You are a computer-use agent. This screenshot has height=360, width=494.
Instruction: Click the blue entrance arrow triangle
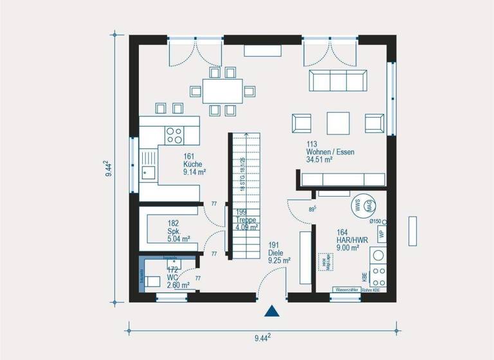[273, 311]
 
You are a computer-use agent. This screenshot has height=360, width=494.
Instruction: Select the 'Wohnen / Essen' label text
[331, 152]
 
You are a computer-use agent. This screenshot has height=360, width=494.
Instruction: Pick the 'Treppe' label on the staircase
[246, 219]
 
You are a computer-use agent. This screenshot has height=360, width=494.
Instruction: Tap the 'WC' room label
[173, 277]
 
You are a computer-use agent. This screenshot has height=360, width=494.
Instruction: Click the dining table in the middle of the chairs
[223, 91]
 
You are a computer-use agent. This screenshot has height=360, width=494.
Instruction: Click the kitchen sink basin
[148, 171]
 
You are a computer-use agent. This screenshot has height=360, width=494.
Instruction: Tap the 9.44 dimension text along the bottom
[260, 336]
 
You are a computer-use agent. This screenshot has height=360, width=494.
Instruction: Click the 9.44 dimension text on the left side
[109, 168]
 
